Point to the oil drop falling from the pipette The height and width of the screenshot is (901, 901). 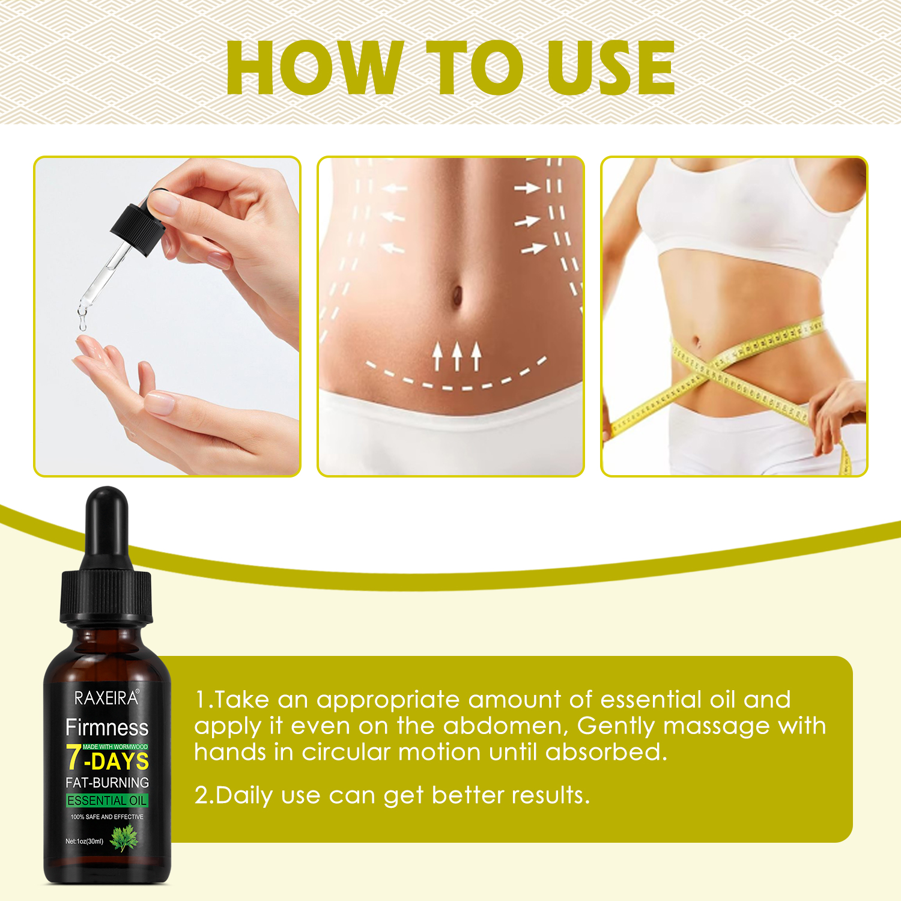click(x=82, y=324)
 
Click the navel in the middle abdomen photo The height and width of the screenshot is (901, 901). click(x=457, y=295)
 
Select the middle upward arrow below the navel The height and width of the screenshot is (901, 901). click(x=457, y=356)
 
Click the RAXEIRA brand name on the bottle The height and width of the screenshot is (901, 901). click(x=106, y=698)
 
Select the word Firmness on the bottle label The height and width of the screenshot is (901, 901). click(x=107, y=727)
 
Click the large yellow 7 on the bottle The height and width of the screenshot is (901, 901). click(x=74, y=757)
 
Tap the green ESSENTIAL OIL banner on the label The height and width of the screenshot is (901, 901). click(x=107, y=801)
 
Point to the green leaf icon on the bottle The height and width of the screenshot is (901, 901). click(x=124, y=837)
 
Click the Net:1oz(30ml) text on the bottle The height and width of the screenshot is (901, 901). click(x=84, y=842)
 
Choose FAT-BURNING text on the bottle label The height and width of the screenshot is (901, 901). click(x=107, y=783)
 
